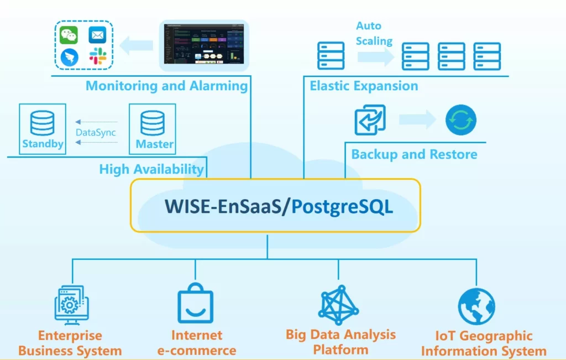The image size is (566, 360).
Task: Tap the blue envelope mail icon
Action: point(97,35)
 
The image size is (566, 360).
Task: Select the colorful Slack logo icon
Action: point(98,56)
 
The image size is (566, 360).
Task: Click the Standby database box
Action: point(42,129)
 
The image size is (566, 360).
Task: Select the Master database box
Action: point(152,129)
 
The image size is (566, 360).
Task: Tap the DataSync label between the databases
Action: point(96,133)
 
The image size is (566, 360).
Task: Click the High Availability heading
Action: point(151,169)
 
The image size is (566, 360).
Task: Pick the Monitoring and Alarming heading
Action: point(166,86)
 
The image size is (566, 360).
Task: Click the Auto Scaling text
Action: point(374,33)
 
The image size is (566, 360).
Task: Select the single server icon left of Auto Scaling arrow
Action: point(331,56)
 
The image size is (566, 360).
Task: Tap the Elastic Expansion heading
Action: point(364,86)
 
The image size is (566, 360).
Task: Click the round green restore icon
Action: point(460,120)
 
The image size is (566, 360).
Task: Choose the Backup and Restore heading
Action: point(414,154)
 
